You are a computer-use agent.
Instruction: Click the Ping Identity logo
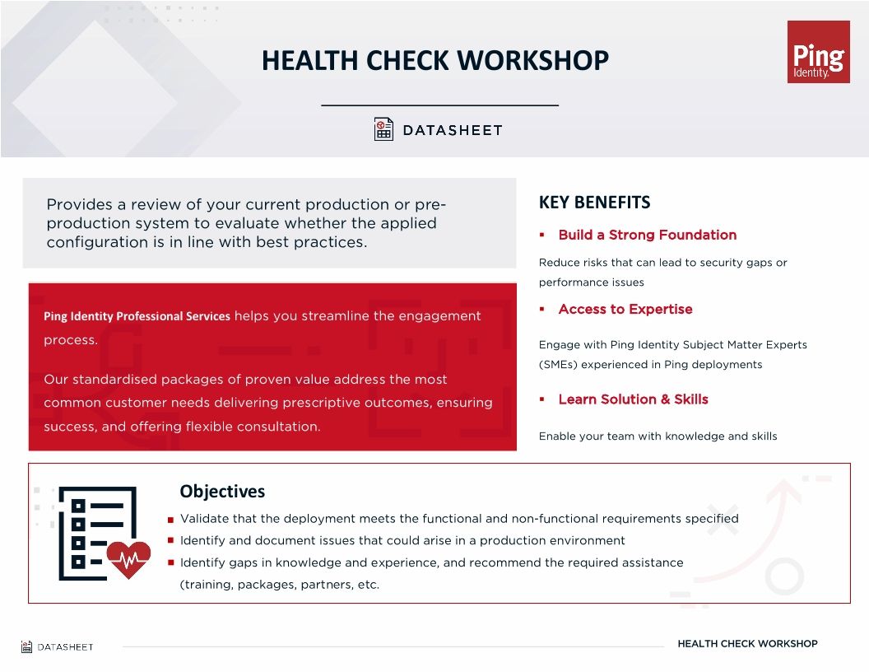[818, 52]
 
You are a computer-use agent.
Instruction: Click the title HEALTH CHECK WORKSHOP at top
[434, 61]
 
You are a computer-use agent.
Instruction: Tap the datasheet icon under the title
[383, 129]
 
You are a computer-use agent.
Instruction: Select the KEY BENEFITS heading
[594, 203]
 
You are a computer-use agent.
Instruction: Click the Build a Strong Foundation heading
[647, 235]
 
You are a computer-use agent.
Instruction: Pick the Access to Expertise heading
[625, 309]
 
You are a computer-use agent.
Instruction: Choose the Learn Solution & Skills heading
[633, 399]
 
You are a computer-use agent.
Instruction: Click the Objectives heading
[222, 492]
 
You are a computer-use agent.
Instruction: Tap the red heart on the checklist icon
[129, 559]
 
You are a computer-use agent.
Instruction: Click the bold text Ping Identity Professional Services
[137, 316]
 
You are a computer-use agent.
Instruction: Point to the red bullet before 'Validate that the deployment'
[170, 520]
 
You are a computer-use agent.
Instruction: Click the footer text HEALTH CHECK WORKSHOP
[747, 643]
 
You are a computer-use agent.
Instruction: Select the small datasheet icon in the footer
[26, 646]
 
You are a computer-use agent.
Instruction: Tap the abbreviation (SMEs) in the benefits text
[559, 365]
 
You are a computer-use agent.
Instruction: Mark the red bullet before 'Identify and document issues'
[170, 541]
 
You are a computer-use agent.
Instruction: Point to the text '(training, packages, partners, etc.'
[279, 585]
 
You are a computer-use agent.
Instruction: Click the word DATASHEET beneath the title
[452, 130]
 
